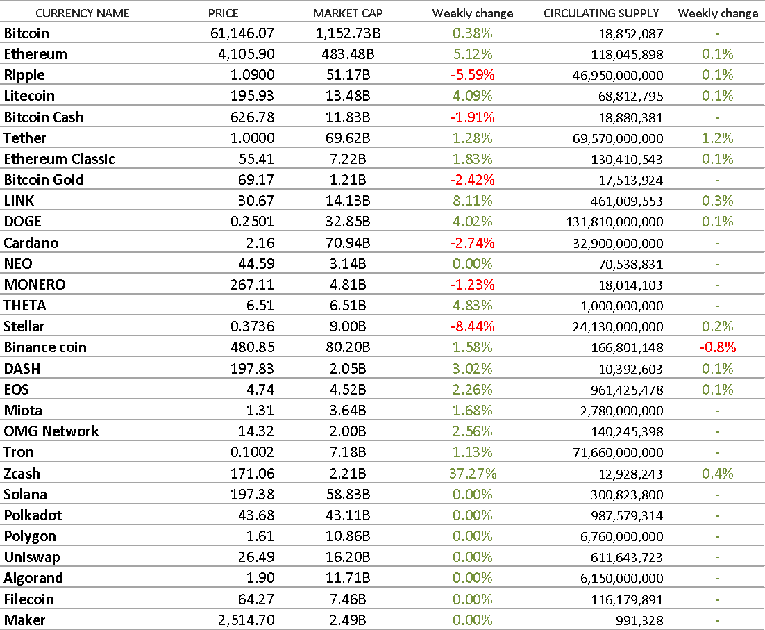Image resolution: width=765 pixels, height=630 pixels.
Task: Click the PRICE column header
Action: tap(223, 13)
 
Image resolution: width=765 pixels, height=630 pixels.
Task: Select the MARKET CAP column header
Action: tap(347, 13)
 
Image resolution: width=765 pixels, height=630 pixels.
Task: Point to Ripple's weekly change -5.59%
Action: tap(472, 75)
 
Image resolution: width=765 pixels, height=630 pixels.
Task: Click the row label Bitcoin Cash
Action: tap(44, 117)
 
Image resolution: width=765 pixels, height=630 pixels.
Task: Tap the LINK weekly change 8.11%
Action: tap(472, 201)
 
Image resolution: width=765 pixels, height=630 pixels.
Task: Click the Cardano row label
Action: tap(31, 243)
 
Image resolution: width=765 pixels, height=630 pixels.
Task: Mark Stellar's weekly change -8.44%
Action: tap(472, 326)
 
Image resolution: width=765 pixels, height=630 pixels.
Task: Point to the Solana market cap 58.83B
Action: tap(347, 494)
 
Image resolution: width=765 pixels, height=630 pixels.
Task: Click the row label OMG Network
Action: tap(51, 431)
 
